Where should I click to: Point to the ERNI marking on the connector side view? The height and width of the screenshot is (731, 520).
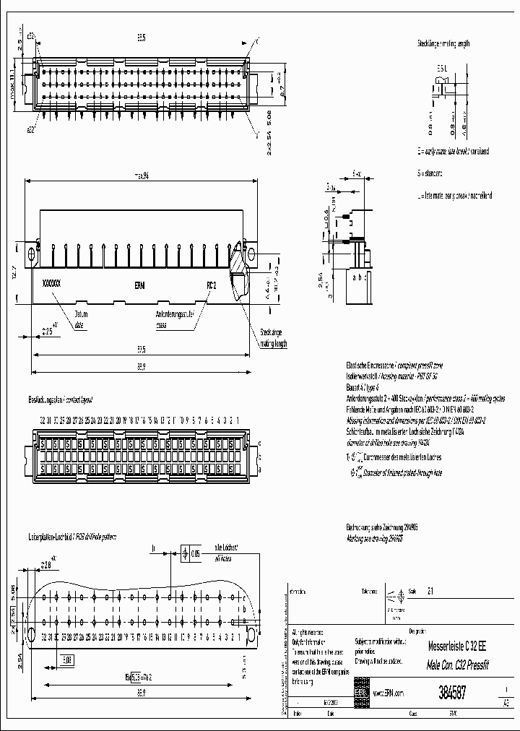(139, 285)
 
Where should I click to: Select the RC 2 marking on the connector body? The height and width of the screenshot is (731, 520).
(211, 285)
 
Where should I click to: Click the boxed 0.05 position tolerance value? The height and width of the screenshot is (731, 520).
(194, 554)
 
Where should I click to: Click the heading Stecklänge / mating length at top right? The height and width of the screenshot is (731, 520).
(443, 43)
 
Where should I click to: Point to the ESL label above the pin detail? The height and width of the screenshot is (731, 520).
(442, 66)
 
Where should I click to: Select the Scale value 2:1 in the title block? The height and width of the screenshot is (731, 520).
(431, 590)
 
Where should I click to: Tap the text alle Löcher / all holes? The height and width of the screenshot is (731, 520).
(226, 554)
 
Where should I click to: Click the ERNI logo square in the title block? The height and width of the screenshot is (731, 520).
(360, 692)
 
